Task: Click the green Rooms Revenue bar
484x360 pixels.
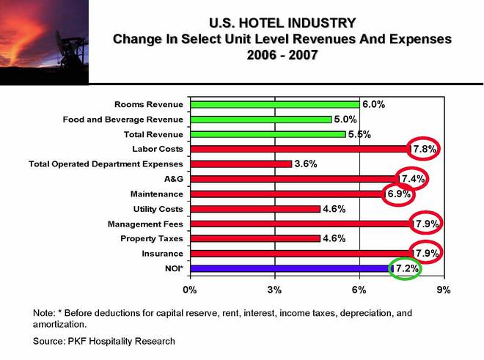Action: (x=275, y=105)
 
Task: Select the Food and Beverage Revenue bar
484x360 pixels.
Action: (x=260, y=120)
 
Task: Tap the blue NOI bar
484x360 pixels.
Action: (x=291, y=269)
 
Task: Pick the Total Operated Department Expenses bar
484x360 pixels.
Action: (x=241, y=164)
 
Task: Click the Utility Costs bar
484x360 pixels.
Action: (x=255, y=209)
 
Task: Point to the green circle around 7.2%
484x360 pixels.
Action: (x=406, y=269)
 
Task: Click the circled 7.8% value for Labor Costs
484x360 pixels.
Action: (x=424, y=150)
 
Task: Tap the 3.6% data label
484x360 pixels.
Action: (x=305, y=164)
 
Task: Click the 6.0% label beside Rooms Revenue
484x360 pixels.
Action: (x=374, y=104)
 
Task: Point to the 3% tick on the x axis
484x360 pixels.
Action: (x=275, y=290)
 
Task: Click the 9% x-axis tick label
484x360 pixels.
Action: (x=443, y=290)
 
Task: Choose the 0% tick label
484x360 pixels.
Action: (x=190, y=290)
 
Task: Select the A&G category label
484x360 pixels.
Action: (x=174, y=179)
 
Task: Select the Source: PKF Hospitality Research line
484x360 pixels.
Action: (x=105, y=341)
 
